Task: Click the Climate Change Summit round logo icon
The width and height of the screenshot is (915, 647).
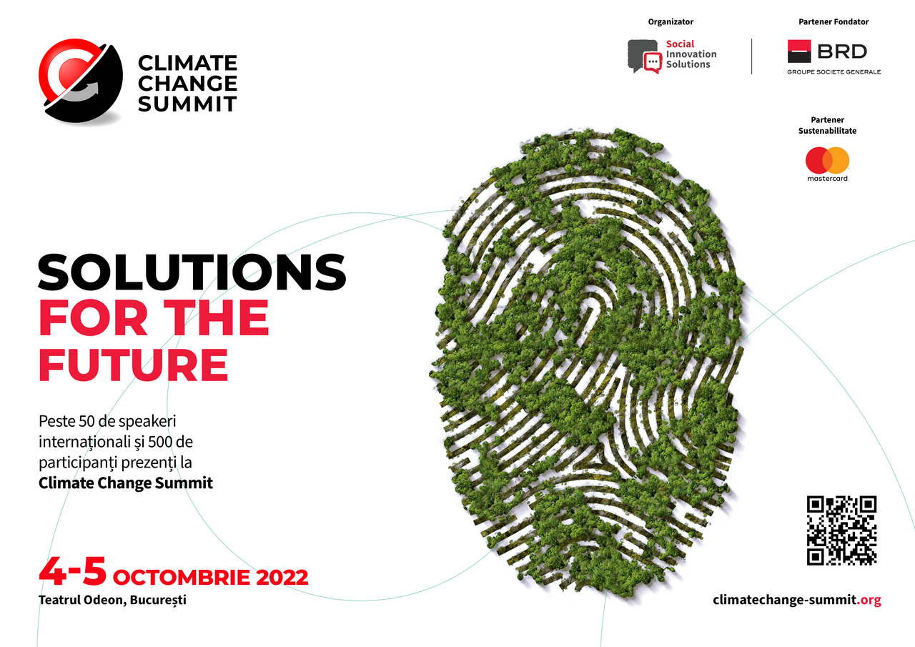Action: coord(81,81)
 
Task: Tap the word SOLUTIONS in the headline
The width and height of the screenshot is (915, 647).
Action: coord(192,272)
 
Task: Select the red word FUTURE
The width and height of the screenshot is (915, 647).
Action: coord(133,365)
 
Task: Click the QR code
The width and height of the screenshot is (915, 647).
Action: coord(841,530)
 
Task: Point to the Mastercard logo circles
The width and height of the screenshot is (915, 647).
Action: coord(827,160)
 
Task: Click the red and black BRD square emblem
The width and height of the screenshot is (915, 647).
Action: coord(799,51)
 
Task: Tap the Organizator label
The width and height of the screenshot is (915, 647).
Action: coord(671,21)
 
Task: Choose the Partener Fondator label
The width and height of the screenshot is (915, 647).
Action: coord(834,21)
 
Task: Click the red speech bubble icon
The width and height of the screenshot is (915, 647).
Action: coord(653,63)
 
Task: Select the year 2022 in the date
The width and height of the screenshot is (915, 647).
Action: coord(282,577)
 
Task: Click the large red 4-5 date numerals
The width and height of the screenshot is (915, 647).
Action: coord(73,571)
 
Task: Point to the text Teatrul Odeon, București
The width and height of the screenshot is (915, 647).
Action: coord(112,600)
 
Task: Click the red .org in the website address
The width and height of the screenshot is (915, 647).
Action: coord(869,600)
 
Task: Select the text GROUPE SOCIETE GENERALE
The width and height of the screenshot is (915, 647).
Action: coord(834,72)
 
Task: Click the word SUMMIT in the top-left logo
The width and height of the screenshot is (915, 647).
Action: coord(187,104)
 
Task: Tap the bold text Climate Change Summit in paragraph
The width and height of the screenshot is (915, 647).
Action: coord(125,483)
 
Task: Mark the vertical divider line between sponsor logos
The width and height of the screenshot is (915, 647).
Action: coord(751,56)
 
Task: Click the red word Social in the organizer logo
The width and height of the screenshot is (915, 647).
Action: coord(680,44)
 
